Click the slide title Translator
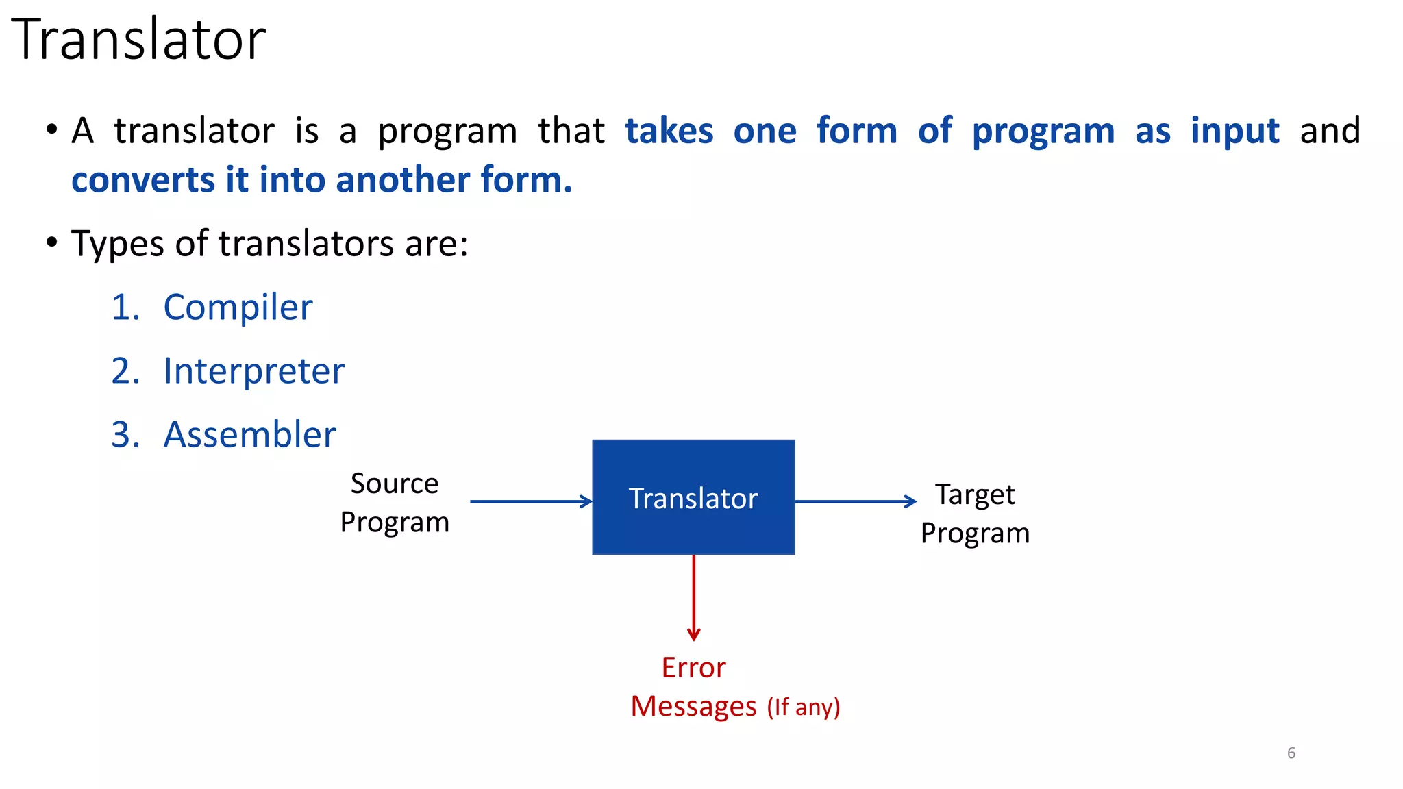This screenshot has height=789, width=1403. coord(138,40)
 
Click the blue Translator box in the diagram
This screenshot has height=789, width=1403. coord(693,498)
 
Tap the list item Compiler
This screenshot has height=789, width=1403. coord(238,308)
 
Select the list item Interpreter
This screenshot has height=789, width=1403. coord(253,371)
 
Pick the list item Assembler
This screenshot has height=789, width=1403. coord(249,435)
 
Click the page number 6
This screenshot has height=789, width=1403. coord(1291,753)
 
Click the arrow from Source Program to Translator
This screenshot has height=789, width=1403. coord(531,501)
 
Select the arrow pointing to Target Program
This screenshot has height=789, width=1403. coord(855,501)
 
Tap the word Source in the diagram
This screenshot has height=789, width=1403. coord(395,484)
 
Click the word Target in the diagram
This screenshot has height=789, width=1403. coord(974,495)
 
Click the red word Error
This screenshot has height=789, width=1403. coord(693,668)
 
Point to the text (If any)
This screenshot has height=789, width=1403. coord(803,707)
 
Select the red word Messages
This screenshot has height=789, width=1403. coord(693,706)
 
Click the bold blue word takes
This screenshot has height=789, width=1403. coord(669,131)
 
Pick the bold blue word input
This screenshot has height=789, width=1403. coord(1234,131)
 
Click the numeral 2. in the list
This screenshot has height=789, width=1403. coord(126,371)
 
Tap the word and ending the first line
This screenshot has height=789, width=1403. coord(1330,131)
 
